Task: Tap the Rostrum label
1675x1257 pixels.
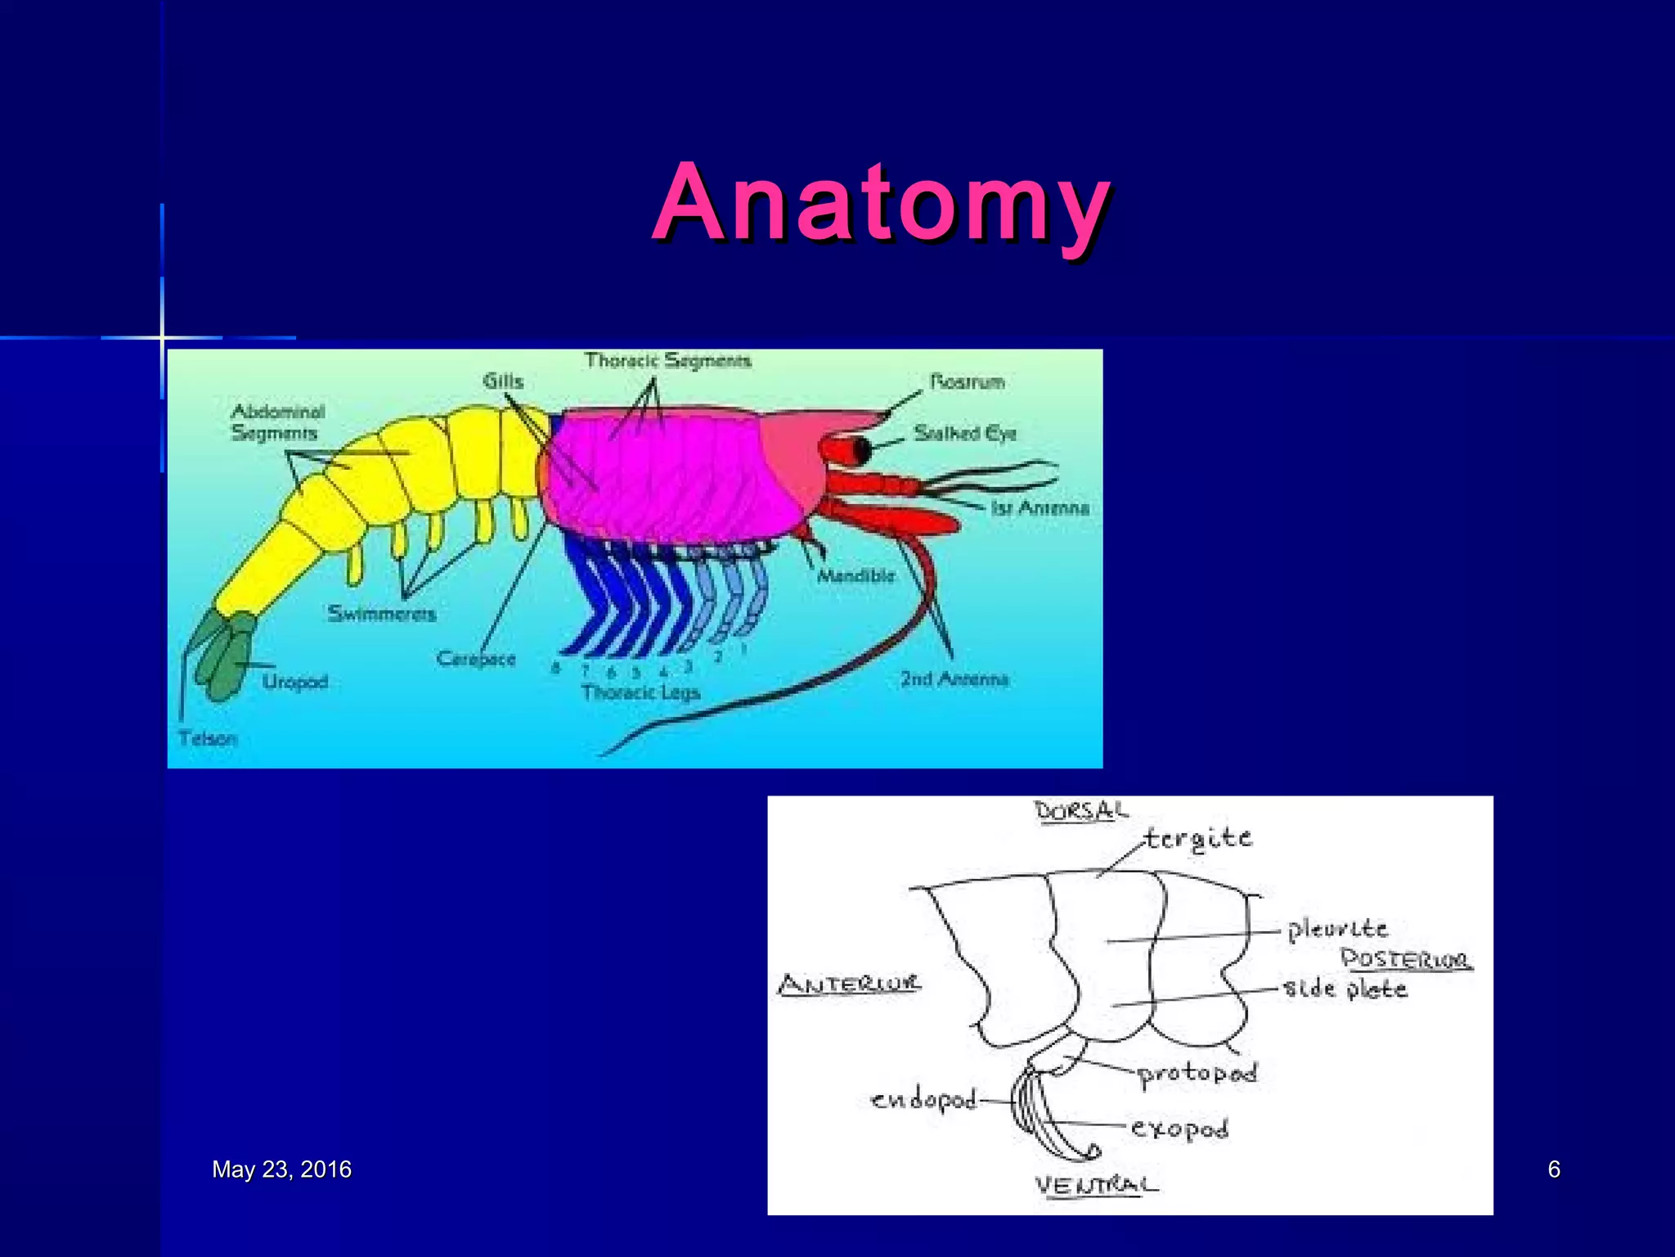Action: (x=968, y=382)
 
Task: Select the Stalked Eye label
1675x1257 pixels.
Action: (x=965, y=433)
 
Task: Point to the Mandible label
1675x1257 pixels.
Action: (x=856, y=576)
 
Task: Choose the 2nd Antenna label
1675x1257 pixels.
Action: (x=954, y=679)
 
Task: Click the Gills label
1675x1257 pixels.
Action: (x=502, y=381)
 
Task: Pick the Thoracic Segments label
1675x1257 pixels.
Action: (x=667, y=361)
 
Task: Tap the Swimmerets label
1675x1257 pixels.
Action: (x=382, y=614)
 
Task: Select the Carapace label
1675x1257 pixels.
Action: (x=476, y=659)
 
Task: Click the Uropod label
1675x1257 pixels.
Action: (x=295, y=682)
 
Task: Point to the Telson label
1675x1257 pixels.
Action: (x=208, y=739)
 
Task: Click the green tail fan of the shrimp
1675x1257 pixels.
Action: (x=222, y=655)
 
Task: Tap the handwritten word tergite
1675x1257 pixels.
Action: (x=1198, y=839)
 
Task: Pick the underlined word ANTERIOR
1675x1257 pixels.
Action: (x=849, y=984)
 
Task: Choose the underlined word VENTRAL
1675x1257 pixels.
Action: (x=1096, y=1186)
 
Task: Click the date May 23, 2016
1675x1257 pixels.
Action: (x=281, y=1169)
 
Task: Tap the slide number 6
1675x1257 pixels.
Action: (x=1554, y=1169)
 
